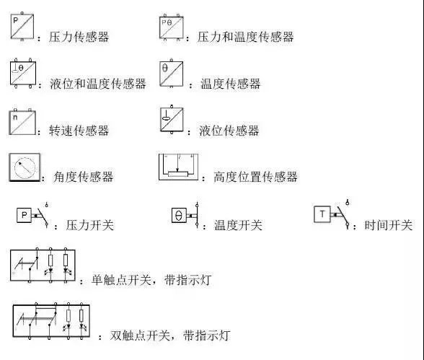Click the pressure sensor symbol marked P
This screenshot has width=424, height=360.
pos(22,27)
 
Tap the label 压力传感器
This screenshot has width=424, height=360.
pos(79,37)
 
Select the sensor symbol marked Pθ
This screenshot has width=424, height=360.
pos(171,27)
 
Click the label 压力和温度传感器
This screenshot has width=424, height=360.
pos(245,37)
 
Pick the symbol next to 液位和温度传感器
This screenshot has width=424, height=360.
pos(23,73)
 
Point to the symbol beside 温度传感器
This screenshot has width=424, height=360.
pos(171,73)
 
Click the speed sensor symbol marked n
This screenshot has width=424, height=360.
pos(22,122)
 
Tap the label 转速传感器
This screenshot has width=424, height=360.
pos(79,131)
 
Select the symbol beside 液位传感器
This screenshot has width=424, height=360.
pos(172,119)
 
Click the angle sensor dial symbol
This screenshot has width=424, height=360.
pos(25,167)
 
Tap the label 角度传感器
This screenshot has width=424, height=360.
pos(83,177)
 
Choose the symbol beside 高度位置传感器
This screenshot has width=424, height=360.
pos(178,167)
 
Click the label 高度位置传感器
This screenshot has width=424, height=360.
pos(255,177)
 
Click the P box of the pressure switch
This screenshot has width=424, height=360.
pos(24,215)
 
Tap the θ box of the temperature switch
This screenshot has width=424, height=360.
pos(179,215)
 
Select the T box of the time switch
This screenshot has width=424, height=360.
pos(322,214)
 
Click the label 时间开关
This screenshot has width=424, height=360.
pos(388,225)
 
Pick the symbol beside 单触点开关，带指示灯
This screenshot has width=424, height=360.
pos(43,265)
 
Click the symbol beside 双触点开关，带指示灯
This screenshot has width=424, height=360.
pos(51,321)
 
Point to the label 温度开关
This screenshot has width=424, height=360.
pos(238,225)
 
